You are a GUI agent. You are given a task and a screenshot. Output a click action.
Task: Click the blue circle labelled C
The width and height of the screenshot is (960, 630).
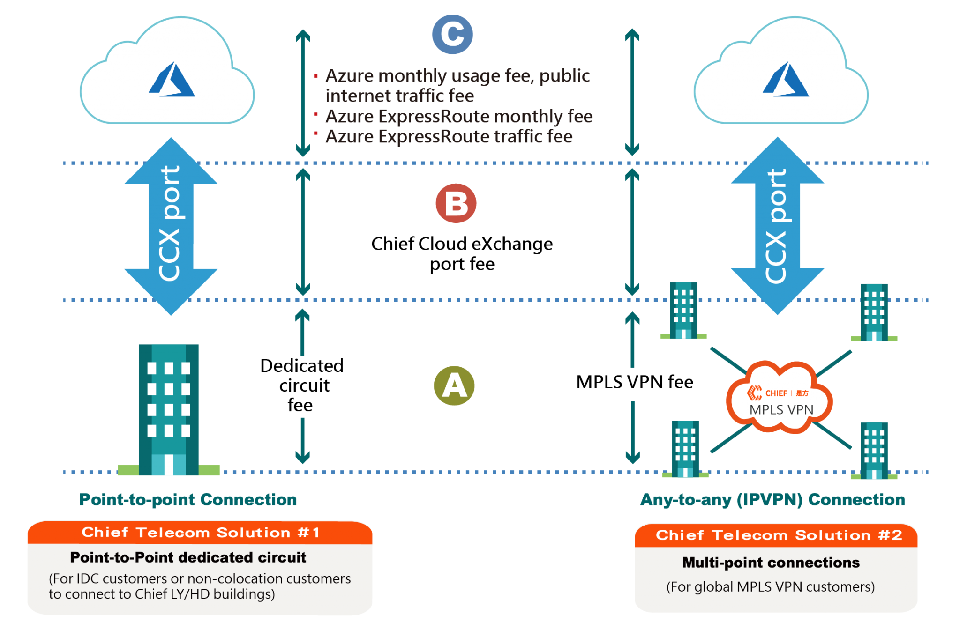(452, 34)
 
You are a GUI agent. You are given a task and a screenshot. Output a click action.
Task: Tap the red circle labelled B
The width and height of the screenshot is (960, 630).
(456, 203)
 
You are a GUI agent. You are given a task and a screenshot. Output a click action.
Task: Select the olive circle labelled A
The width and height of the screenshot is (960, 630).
(454, 385)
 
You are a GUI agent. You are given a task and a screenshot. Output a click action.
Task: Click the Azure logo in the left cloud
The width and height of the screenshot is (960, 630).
(172, 80)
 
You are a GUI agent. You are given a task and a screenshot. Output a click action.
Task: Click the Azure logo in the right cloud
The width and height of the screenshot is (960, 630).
(786, 80)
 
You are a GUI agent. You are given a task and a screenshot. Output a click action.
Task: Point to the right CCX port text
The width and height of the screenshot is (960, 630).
(776, 226)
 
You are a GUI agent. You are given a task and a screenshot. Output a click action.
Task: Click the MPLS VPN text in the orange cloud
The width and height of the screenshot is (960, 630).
(781, 410)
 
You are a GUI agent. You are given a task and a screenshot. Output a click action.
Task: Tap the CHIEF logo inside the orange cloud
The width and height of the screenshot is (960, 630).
(778, 393)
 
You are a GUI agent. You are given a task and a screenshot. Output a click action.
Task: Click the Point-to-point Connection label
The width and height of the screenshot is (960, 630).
(188, 500)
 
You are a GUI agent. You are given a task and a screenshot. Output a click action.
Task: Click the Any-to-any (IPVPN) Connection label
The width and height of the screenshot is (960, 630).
(772, 500)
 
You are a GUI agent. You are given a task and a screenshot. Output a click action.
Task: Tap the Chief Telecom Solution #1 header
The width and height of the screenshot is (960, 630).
(201, 533)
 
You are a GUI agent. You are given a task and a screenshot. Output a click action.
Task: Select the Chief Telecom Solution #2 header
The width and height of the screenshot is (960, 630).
(779, 535)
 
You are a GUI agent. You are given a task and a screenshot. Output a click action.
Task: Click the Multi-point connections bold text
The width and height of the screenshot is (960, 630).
(771, 563)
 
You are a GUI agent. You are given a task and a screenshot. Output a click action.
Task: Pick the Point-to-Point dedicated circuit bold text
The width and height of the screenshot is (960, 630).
(188, 557)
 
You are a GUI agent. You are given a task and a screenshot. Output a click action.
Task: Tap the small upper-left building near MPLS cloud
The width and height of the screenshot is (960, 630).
(683, 310)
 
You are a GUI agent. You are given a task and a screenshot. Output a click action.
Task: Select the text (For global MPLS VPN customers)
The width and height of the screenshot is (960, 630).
(771, 587)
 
